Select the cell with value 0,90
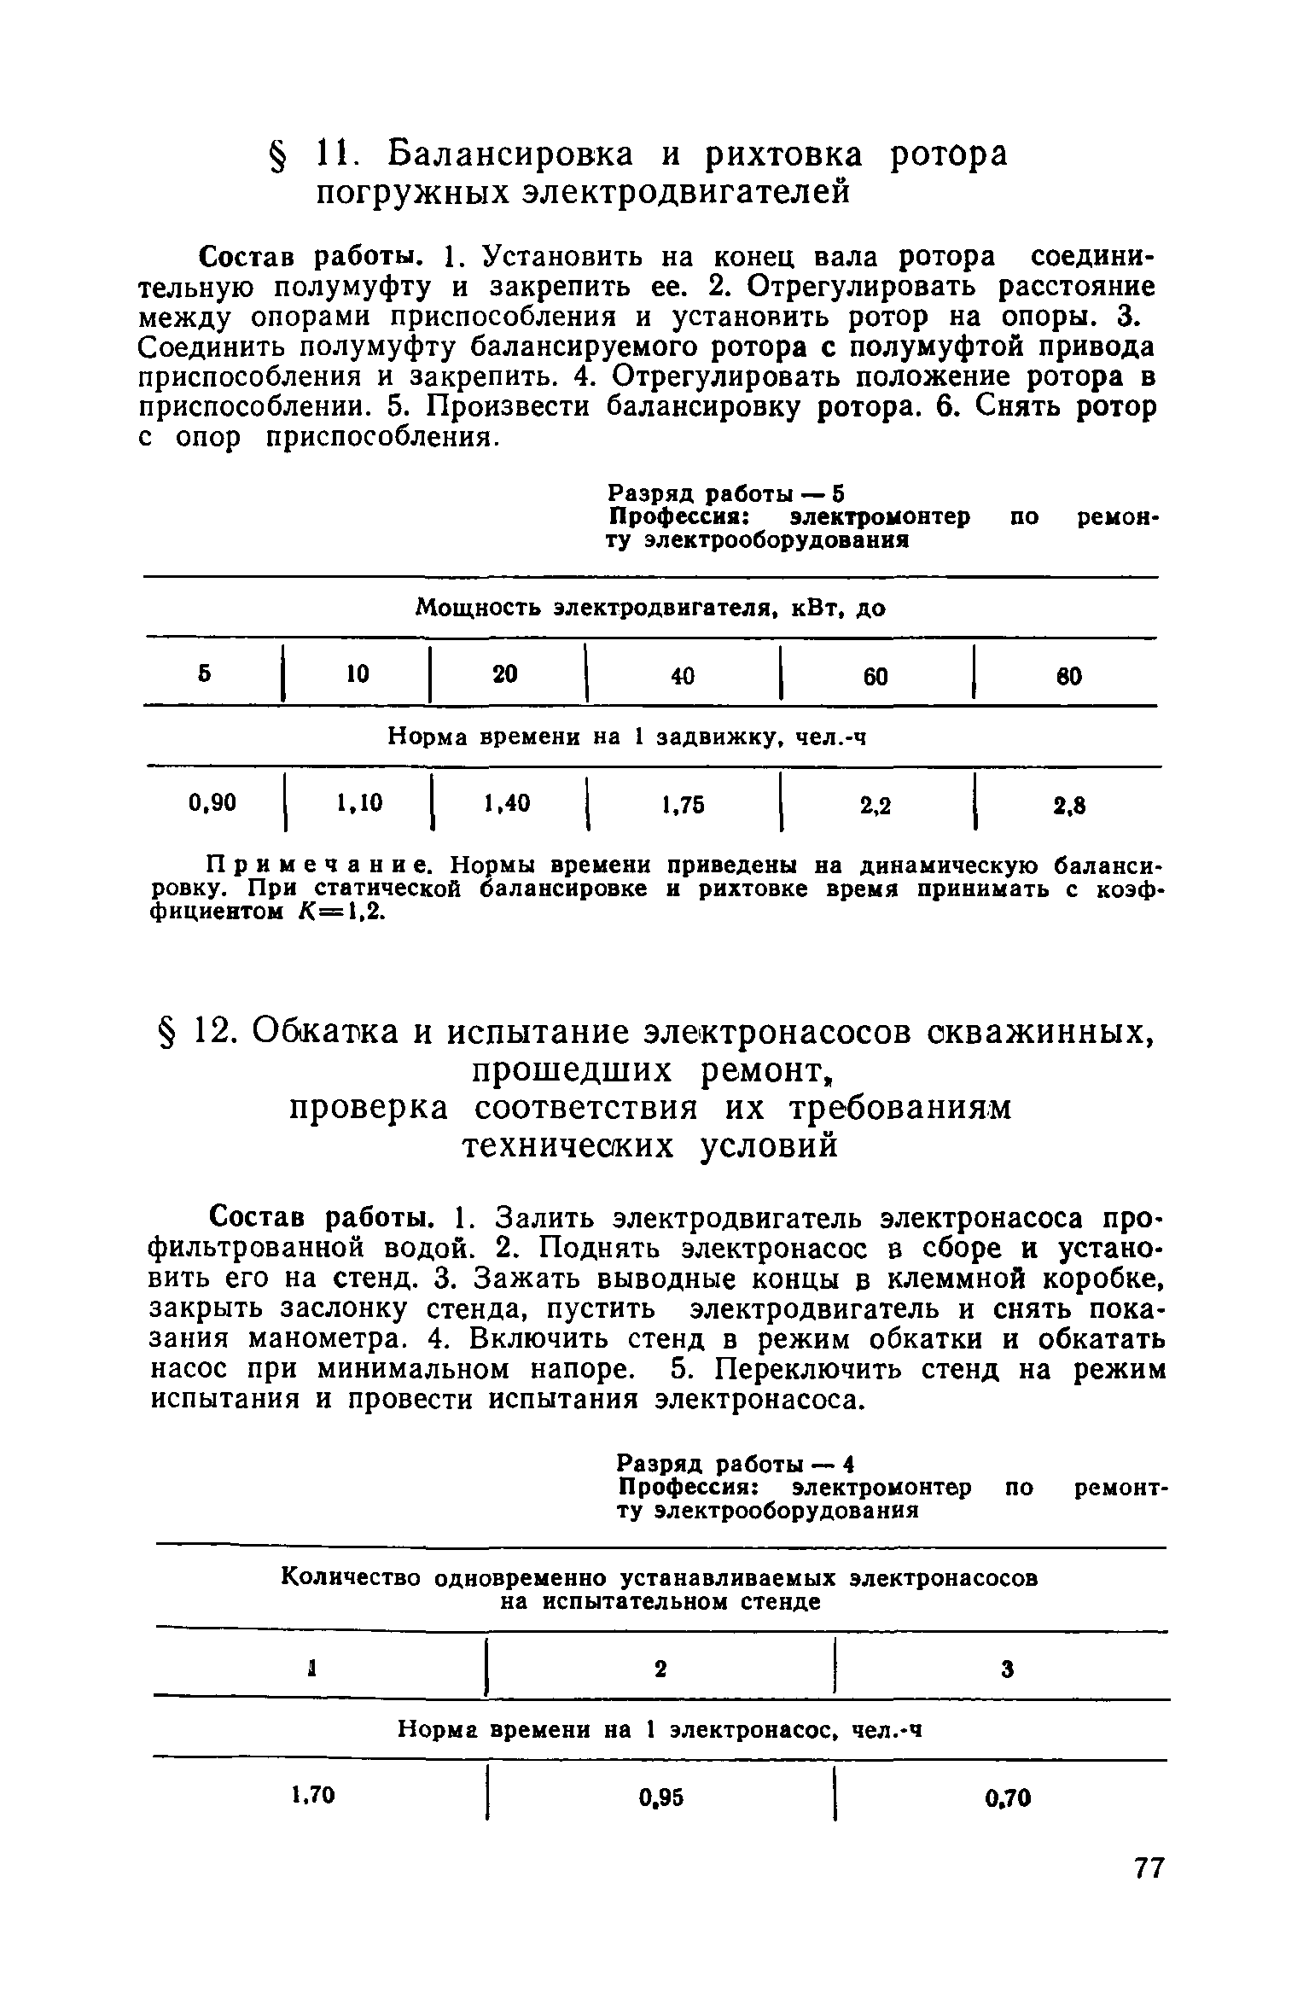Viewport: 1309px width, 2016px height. tap(212, 803)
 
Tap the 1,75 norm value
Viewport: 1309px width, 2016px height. tap(683, 805)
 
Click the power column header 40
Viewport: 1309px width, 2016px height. tap(683, 676)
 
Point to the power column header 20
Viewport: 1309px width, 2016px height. tap(505, 674)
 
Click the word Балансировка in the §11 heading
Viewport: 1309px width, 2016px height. tap(512, 154)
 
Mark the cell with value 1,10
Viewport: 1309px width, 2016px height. tap(358, 803)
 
